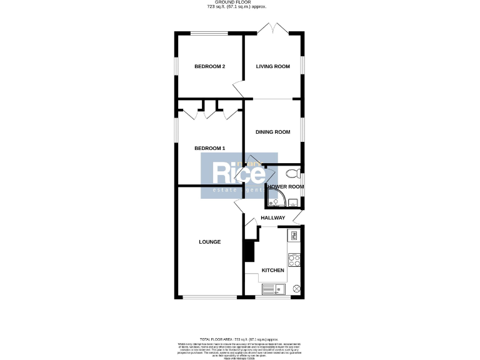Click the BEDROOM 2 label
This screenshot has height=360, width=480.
click(x=209, y=67)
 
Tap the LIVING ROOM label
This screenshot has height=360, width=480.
click(x=273, y=67)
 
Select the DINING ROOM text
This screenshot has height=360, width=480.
click(x=273, y=132)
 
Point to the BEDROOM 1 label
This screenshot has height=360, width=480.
click(x=209, y=148)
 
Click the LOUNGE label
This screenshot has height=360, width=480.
click(x=209, y=242)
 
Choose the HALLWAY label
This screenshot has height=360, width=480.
click(x=273, y=217)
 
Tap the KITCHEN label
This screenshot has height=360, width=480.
click(x=272, y=271)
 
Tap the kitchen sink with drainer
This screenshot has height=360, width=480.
click(x=272, y=288)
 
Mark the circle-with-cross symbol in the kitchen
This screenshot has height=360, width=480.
click(x=296, y=289)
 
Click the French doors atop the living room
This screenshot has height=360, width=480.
click(x=273, y=29)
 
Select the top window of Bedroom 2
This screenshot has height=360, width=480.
click(x=209, y=33)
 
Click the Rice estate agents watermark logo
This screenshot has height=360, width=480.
click(x=239, y=176)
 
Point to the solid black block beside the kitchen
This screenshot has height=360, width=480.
click(x=249, y=251)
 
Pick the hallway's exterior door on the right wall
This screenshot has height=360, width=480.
click(x=298, y=216)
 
